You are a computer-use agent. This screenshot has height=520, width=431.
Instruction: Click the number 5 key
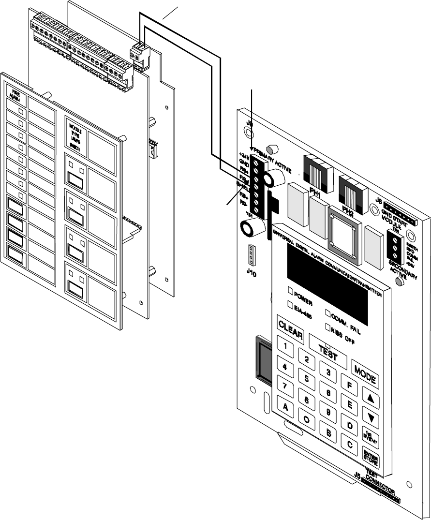tap(306, 379)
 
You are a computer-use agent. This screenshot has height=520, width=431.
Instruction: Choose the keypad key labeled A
tap(285, 407)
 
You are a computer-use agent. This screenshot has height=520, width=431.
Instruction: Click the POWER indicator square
tap(291, 291)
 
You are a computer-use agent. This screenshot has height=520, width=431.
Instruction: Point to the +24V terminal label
tap(244, 156)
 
